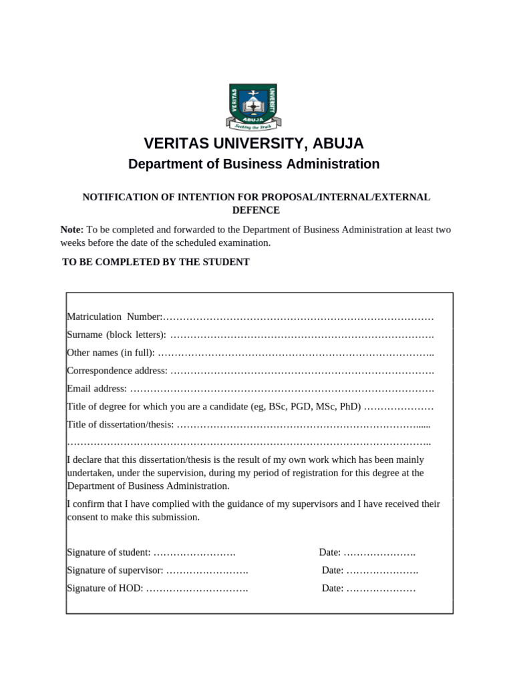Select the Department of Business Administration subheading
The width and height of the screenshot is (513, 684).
[x=254, y=164]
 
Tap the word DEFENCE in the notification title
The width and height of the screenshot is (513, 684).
[x=256, y=210]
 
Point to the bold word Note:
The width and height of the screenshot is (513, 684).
[x=72, y=230]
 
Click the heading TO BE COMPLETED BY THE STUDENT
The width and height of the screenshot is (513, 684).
[x=156, y=262]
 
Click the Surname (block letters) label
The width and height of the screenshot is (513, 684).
[x=116, y=334]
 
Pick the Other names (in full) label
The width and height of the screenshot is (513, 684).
[x=111, y=352]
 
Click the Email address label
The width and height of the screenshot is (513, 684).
[x=97, y=388]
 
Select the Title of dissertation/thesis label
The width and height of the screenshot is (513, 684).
[x=121, y=424]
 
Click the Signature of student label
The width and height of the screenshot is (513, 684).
[x=109, y=552]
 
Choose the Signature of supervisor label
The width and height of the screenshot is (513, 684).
[x=115, y=570]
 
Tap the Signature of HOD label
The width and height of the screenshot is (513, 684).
[x=105, y=588]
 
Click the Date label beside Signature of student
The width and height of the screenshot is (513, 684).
[x=329, y=552]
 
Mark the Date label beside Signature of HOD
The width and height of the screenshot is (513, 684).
[x=332, y=588]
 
